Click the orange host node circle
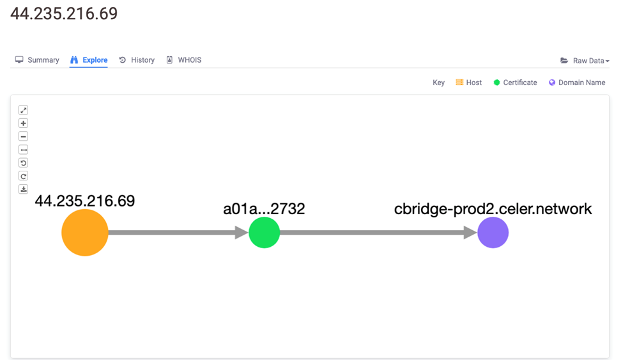pos(85,233)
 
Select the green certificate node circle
pos(264,233)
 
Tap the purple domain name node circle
pos(493,233)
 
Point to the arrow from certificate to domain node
pos(378,233)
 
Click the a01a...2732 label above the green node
pos(264,209)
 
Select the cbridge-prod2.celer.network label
pos(493,209)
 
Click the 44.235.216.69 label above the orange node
pos(85,201)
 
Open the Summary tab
pos(37,60)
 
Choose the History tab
pos(137,60)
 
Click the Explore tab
pos(89,60)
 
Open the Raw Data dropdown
pos(585,61)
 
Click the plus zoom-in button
pos(24,123)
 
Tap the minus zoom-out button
pos(24,136)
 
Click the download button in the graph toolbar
pos(24,189)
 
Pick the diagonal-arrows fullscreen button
pos(24,110)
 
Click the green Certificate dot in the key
pos(496,82)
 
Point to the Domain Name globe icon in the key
pos(552,82)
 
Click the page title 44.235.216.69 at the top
pos(64,14)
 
